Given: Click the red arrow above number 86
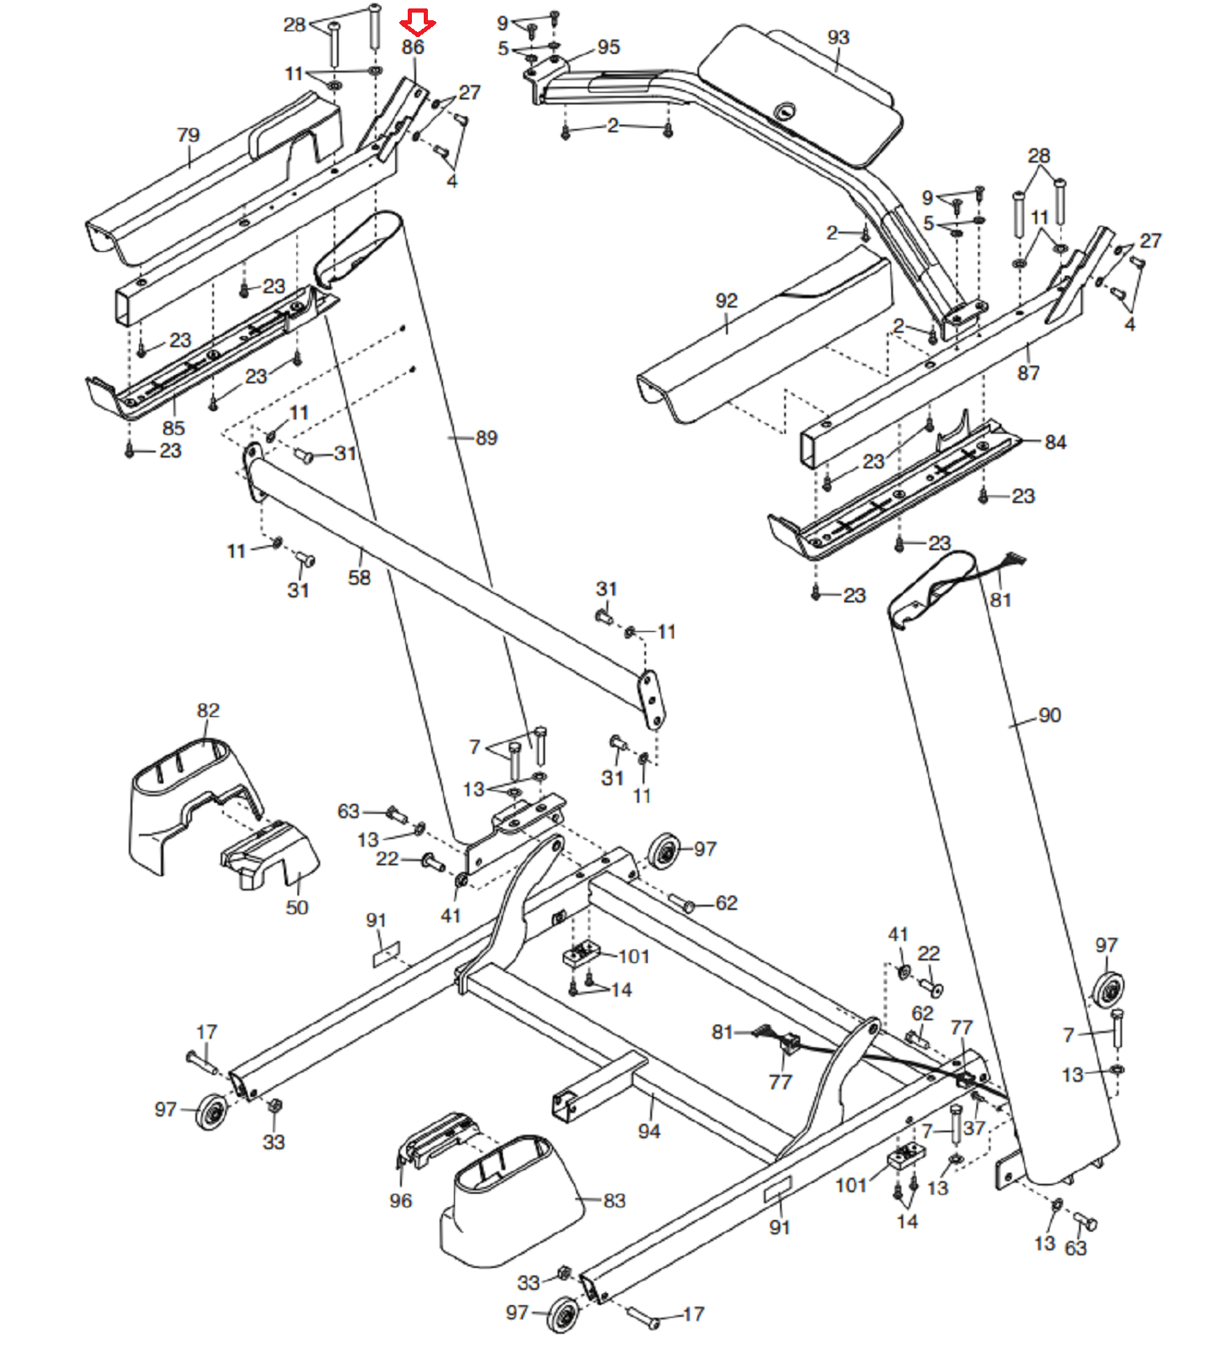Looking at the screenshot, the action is pos(418,23).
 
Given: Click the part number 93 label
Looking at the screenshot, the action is pos(838,37).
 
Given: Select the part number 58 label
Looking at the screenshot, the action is pos(359,578).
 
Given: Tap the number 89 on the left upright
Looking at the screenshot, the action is pos(487,438).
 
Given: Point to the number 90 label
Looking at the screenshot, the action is pos(1050,715).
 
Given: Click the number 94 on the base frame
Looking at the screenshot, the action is pos(649,1131).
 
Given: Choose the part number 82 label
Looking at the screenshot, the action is pos(208,710).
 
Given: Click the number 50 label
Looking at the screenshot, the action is pos(297,907).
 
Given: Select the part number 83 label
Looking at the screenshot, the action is pos(615,1201).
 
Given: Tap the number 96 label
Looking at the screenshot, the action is pos(401,1201).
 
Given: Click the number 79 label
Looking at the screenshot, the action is pos(188,135).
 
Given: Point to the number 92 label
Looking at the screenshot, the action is pos(726,301).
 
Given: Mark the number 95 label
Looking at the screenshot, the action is pos(608,47).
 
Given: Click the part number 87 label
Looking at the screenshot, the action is pos(1029,372).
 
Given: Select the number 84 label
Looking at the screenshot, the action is pos(1055,442).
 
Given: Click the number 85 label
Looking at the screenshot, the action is pos(174,428).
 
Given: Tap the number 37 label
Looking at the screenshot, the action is pos(974,1128).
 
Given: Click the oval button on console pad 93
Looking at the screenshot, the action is pos(785,110).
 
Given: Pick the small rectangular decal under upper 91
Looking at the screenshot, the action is pos(387,955).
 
